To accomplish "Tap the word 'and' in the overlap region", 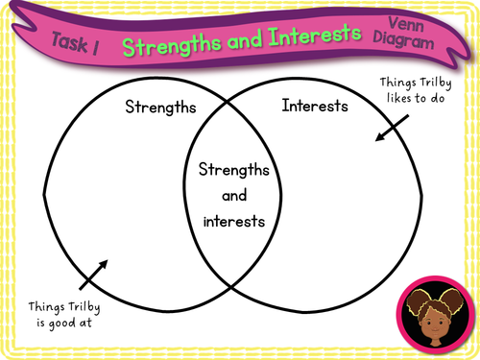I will (x=234, y=196).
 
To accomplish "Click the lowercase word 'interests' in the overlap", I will (x=234, y=221).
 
